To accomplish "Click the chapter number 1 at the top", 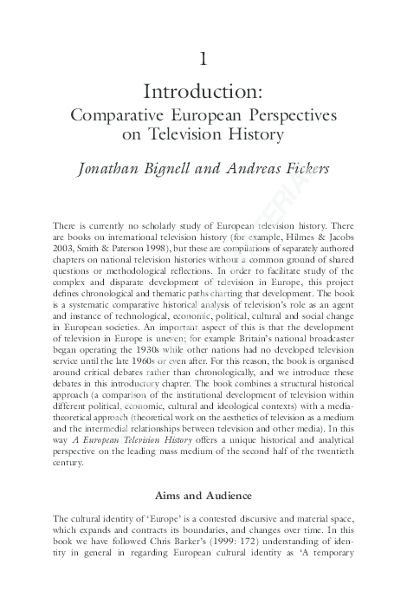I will point(203,60).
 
